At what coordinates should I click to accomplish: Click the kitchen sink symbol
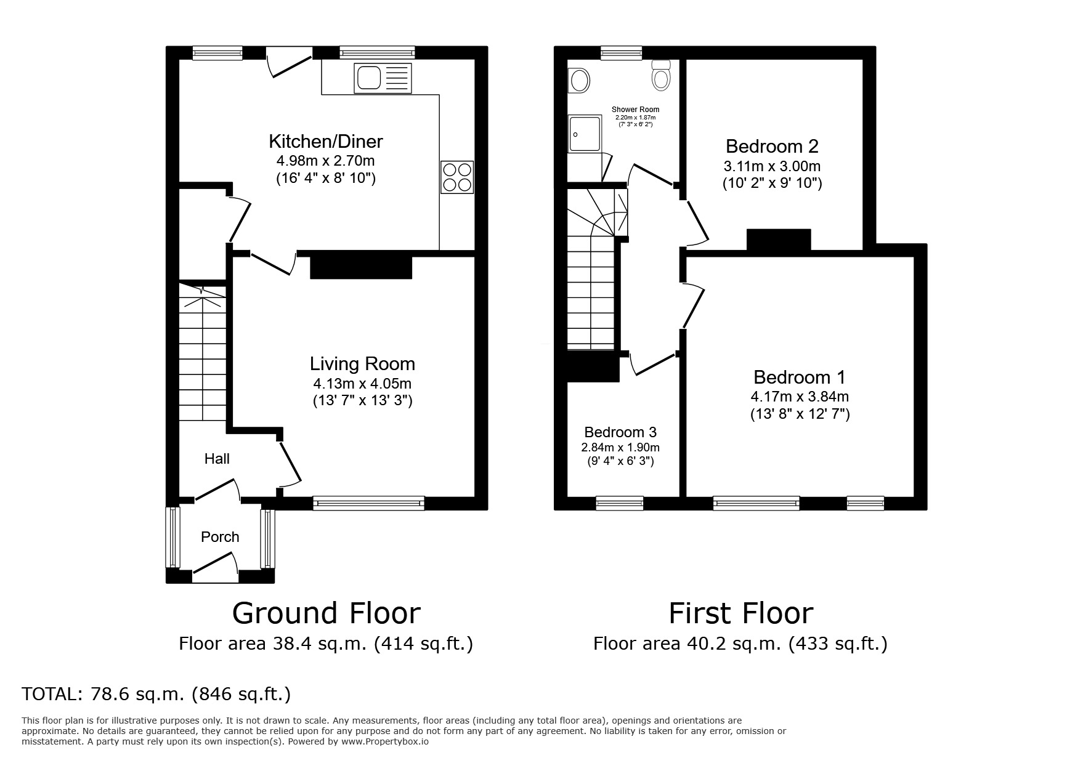click(383, 78)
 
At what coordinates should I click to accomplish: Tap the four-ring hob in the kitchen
click(457, 177)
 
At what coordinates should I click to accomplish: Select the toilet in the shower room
click(661, 76)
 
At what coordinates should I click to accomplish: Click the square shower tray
click(585, 133)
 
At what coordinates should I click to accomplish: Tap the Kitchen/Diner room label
click(326, 142)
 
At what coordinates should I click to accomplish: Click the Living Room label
click(362, 364)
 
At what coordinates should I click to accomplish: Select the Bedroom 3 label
click(620, 432)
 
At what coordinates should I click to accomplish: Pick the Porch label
click(220, 537)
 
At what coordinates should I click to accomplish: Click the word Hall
click(217, 459)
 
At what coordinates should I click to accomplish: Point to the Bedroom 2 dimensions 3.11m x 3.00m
click(772, 166)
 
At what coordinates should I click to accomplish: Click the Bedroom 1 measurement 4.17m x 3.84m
click(800, 397)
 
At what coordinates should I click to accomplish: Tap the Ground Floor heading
click(326, 613)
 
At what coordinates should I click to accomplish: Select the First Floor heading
click(740, 613)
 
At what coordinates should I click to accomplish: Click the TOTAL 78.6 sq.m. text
click(156, 695)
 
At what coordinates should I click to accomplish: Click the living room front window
click(368, 503)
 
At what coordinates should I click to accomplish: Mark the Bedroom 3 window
click(620, 503)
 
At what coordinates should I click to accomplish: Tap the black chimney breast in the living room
click(361, 265)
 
